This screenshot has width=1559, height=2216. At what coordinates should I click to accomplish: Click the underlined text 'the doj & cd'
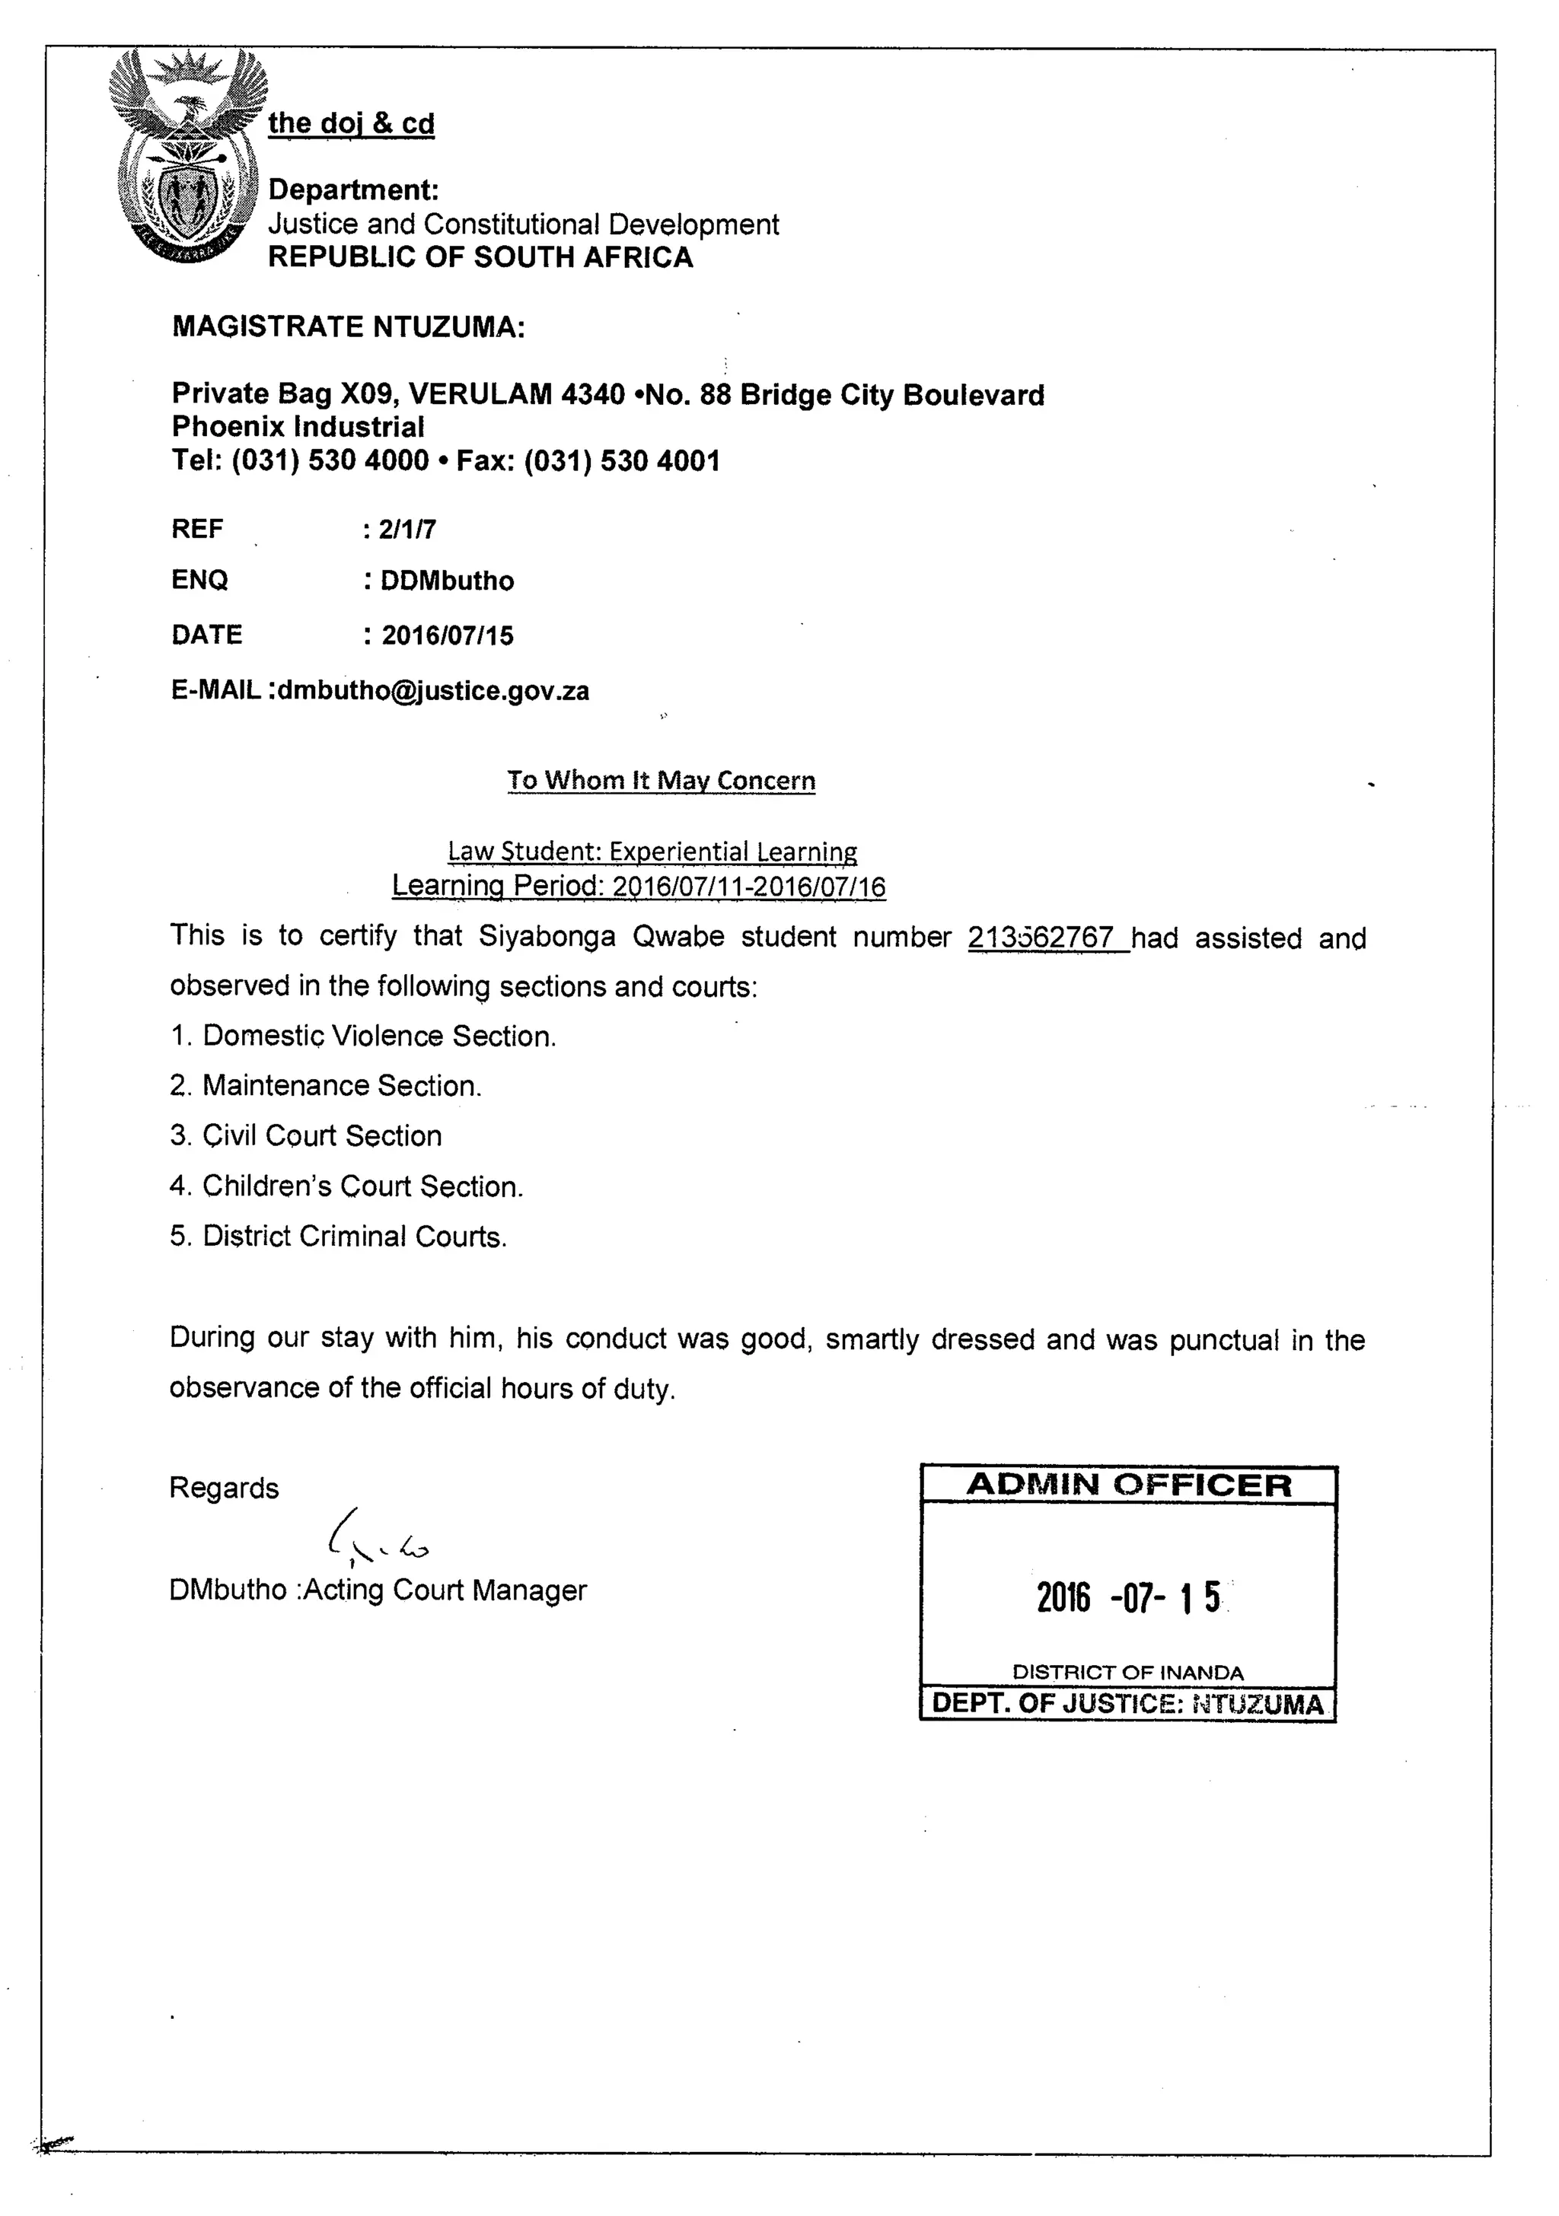tap(352, 123)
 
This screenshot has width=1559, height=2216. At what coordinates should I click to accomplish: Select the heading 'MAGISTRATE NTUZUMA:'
tap(349, 327)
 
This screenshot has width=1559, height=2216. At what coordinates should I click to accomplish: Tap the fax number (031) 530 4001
tap(622, 460)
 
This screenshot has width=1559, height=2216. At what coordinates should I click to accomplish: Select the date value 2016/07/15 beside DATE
tap(447, 635)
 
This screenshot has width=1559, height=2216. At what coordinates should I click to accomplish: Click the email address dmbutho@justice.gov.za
tap(433, 691)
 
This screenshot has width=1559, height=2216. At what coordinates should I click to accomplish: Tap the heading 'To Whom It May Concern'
tap(662, 780)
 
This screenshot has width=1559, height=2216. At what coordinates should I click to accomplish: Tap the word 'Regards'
tap(224, 1488)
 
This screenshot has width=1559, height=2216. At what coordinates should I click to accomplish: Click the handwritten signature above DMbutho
tap(378, 1537)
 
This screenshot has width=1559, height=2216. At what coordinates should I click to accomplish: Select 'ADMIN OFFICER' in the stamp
tap(1128, 1485)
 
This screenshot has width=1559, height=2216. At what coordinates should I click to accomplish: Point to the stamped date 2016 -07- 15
tap(1128, 1598)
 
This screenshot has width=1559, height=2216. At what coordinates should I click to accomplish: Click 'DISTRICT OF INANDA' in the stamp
tap(1127, 1673)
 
